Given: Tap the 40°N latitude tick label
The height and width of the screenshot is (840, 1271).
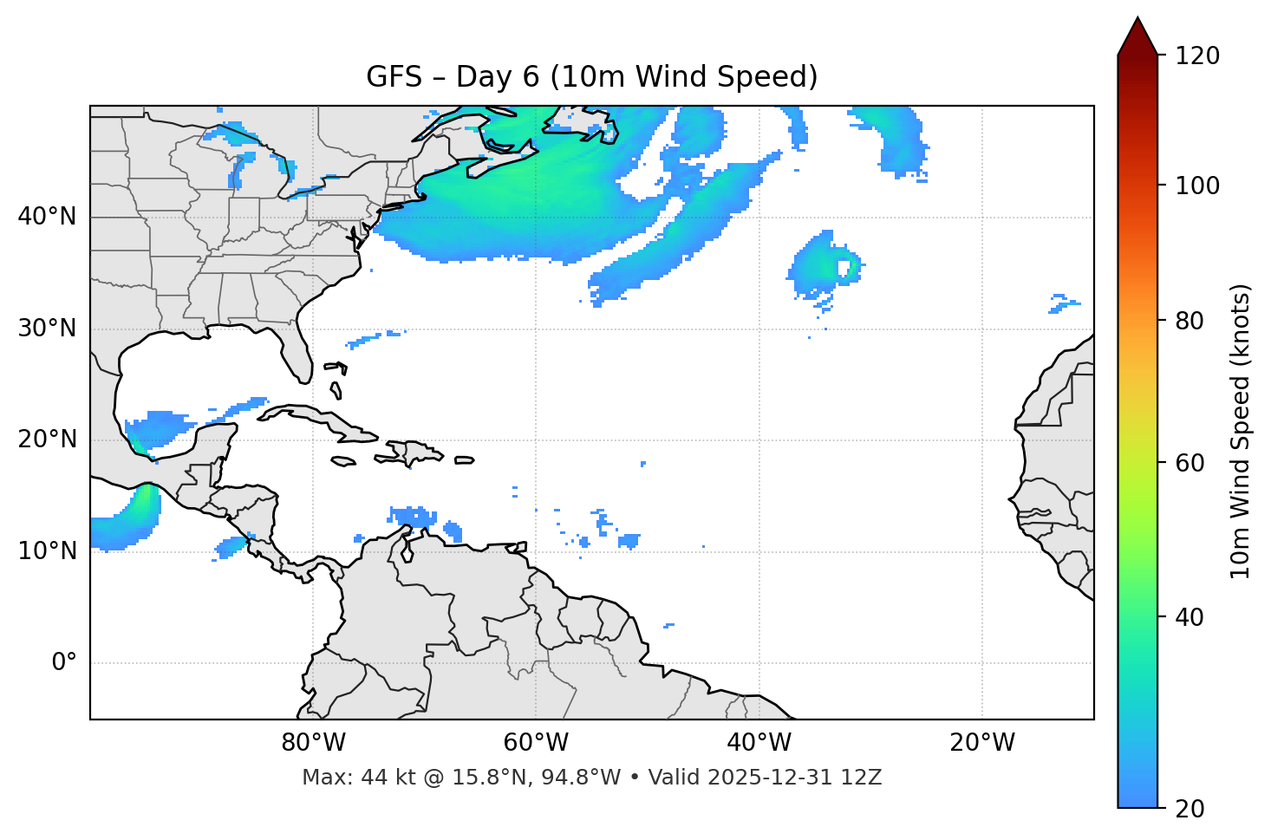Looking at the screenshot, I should point(47,217).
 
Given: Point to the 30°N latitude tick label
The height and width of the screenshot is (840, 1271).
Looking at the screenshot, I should point(47,329).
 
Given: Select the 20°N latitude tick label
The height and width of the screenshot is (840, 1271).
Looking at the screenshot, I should point(47,440).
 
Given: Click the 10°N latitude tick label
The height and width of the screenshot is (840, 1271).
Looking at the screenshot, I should point(47,551).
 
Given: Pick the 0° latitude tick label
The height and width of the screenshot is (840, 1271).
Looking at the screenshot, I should point(64,663).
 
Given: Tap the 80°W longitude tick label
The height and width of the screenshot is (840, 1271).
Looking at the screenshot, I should point(313,743).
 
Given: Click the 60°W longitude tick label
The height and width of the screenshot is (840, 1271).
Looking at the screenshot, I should point(536,743).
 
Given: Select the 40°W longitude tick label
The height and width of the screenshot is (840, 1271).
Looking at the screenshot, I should point(759,743).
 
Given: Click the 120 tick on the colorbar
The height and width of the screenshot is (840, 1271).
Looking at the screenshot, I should point(1197,56).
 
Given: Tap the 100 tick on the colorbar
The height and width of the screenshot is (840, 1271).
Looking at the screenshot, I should point(1197,186).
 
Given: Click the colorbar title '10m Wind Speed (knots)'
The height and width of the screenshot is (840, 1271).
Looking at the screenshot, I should point(1241,431).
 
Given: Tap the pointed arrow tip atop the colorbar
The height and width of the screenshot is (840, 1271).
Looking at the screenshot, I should point(1137,19).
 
